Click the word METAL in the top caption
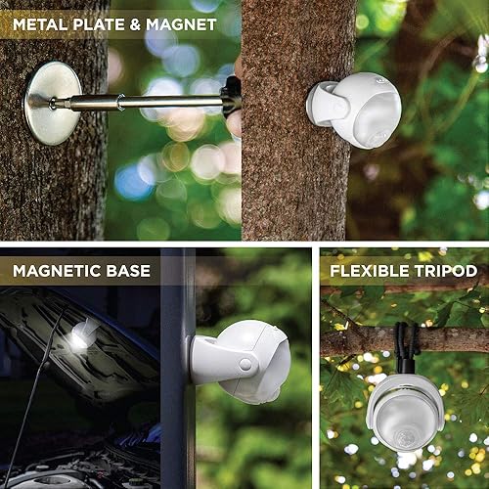(x=42, y=22)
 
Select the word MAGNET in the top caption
(x=182, y=22)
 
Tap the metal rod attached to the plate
(x=147, y=101)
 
